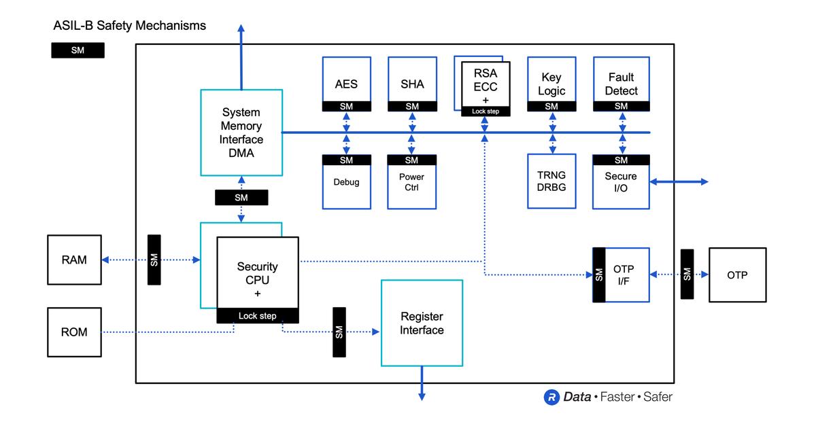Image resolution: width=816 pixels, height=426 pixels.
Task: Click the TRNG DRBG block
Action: pyautogui.click(x=551, y=181)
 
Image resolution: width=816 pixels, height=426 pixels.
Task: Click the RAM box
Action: pyautogui.click(x=74, y=260)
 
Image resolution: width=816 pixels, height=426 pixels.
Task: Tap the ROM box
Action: pyautogui.click(x=74, y=332)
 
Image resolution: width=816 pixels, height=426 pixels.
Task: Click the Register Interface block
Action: pyautogui.click(x=422, y=323)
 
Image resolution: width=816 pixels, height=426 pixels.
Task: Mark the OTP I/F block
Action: pyautogui.click(x=621, y=274)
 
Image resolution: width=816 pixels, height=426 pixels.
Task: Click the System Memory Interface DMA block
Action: pyautogui.click(x=241, y=133)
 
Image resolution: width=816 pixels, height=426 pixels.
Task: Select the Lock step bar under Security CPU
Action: pyautogui.click(x=258, y=316)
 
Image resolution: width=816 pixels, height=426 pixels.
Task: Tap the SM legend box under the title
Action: pyautogui.click(x=78, y=51)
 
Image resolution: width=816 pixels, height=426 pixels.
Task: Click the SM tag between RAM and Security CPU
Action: pyautogui.click(x=154, y=260)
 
